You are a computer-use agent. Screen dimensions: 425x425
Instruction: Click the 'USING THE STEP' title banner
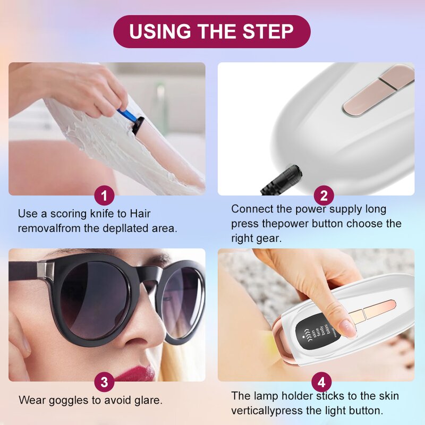tap(211, 31)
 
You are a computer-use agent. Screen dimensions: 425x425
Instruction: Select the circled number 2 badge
tap(324, 195)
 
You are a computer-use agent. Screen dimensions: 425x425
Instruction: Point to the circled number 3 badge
tap(104, 381)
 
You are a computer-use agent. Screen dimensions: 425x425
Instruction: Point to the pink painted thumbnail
tap(348, 328)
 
